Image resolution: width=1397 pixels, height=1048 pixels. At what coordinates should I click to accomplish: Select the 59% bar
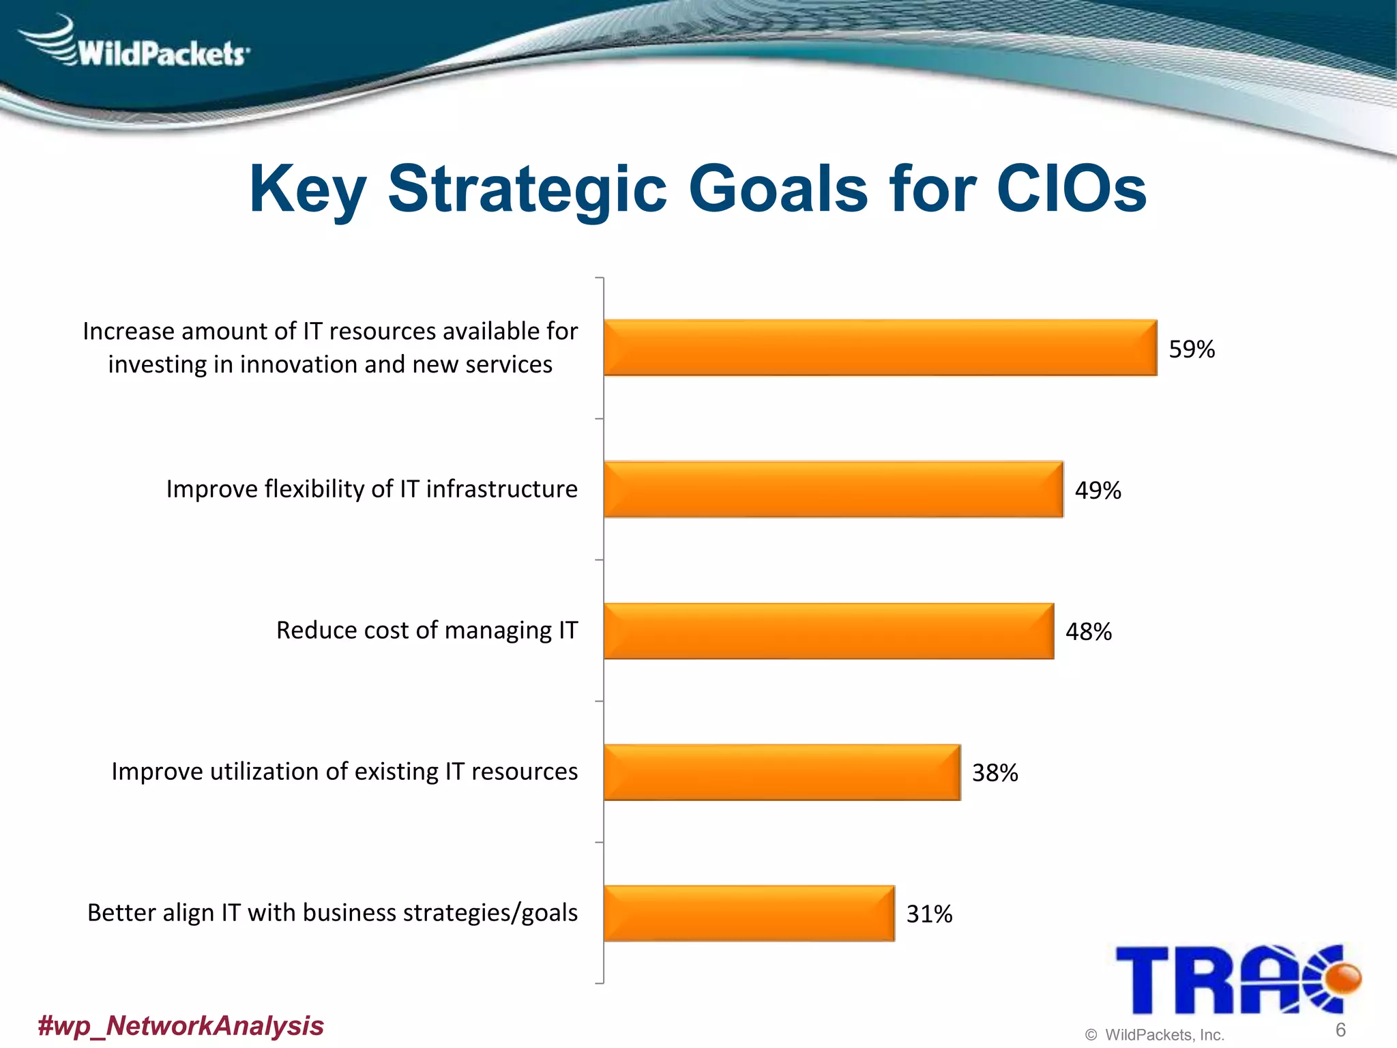(x=880, y=347)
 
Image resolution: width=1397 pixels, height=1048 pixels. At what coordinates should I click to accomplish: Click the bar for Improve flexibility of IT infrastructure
(x=833, y=489)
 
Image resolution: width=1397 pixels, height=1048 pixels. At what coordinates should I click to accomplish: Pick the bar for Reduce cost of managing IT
(x=828, y=630)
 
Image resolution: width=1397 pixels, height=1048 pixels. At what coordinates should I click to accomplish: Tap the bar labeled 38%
(x=782, y=772)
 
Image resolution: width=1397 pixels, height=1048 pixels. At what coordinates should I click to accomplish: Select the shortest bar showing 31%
(x=749, y=913)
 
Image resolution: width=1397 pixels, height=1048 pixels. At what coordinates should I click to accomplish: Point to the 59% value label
(x=1192, y=349)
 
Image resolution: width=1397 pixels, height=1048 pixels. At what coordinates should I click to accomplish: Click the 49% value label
(x=1098, y=491)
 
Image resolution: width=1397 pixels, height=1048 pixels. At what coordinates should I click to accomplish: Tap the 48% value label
(x=1089, y=632)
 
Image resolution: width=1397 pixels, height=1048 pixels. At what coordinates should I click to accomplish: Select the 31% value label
(x=929, y=914)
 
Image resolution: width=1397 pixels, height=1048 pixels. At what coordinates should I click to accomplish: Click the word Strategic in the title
(x=527, y=190)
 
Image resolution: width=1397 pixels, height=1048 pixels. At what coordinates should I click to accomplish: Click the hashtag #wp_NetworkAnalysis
(x=181, y=1025)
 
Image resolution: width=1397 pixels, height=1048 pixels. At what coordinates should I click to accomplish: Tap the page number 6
(x=1340, y=1030)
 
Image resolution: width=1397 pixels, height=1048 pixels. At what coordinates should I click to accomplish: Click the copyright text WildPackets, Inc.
(x=1164, y=1035)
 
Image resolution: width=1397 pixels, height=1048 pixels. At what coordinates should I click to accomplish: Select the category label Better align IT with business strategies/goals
(x=332, y=913)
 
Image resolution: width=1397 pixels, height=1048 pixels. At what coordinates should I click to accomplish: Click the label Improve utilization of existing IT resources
(x=344, y=772)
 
